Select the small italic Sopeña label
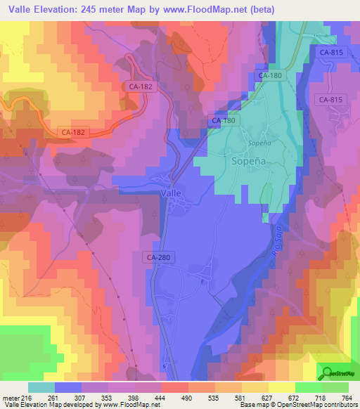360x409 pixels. pos(259,142)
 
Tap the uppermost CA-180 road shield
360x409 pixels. pos(271,75)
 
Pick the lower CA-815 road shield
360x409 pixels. pos(330,100)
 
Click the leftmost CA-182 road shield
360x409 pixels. pos(74,131)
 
